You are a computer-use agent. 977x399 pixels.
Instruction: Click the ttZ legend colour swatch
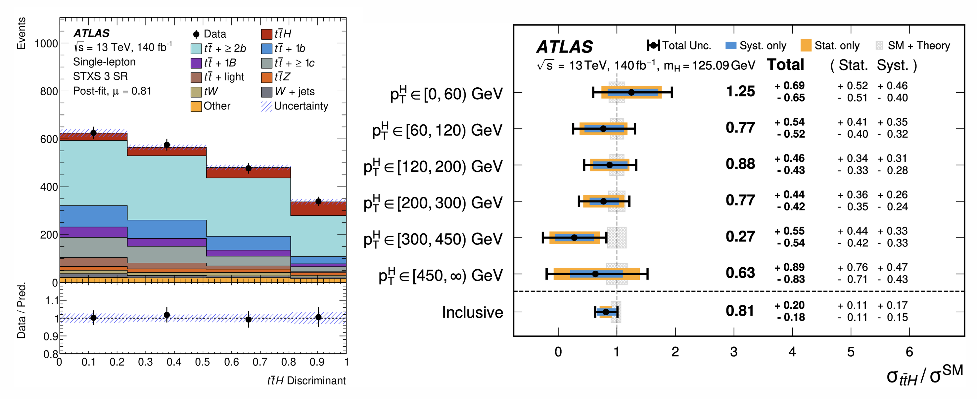coord(267,77)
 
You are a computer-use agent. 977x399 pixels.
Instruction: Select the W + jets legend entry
coord(295,91)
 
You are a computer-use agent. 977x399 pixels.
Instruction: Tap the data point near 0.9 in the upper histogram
coord(319,201)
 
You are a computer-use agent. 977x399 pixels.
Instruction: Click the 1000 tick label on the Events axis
coord(46,44)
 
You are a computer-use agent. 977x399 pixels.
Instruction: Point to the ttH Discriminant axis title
coord(306,380)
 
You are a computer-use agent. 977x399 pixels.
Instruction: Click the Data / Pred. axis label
coord(21,310)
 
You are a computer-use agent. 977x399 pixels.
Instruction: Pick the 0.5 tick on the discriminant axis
coord(202,362)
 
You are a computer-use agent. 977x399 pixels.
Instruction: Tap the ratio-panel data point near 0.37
coord(167,315)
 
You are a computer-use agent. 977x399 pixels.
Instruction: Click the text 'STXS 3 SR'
coord(100,76)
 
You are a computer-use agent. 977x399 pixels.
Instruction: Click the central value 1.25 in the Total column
coord(740,91)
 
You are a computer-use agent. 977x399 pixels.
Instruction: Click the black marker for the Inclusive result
coord(606,312)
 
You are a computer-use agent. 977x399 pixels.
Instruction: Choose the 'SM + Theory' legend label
coord(919,46)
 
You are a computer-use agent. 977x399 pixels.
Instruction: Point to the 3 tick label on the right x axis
coord(734,352)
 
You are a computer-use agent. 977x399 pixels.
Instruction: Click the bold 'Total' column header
coord(785,65)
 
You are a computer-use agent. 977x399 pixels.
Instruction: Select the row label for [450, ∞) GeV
coord(441,275)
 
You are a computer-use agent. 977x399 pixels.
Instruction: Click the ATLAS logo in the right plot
coord(564,47)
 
